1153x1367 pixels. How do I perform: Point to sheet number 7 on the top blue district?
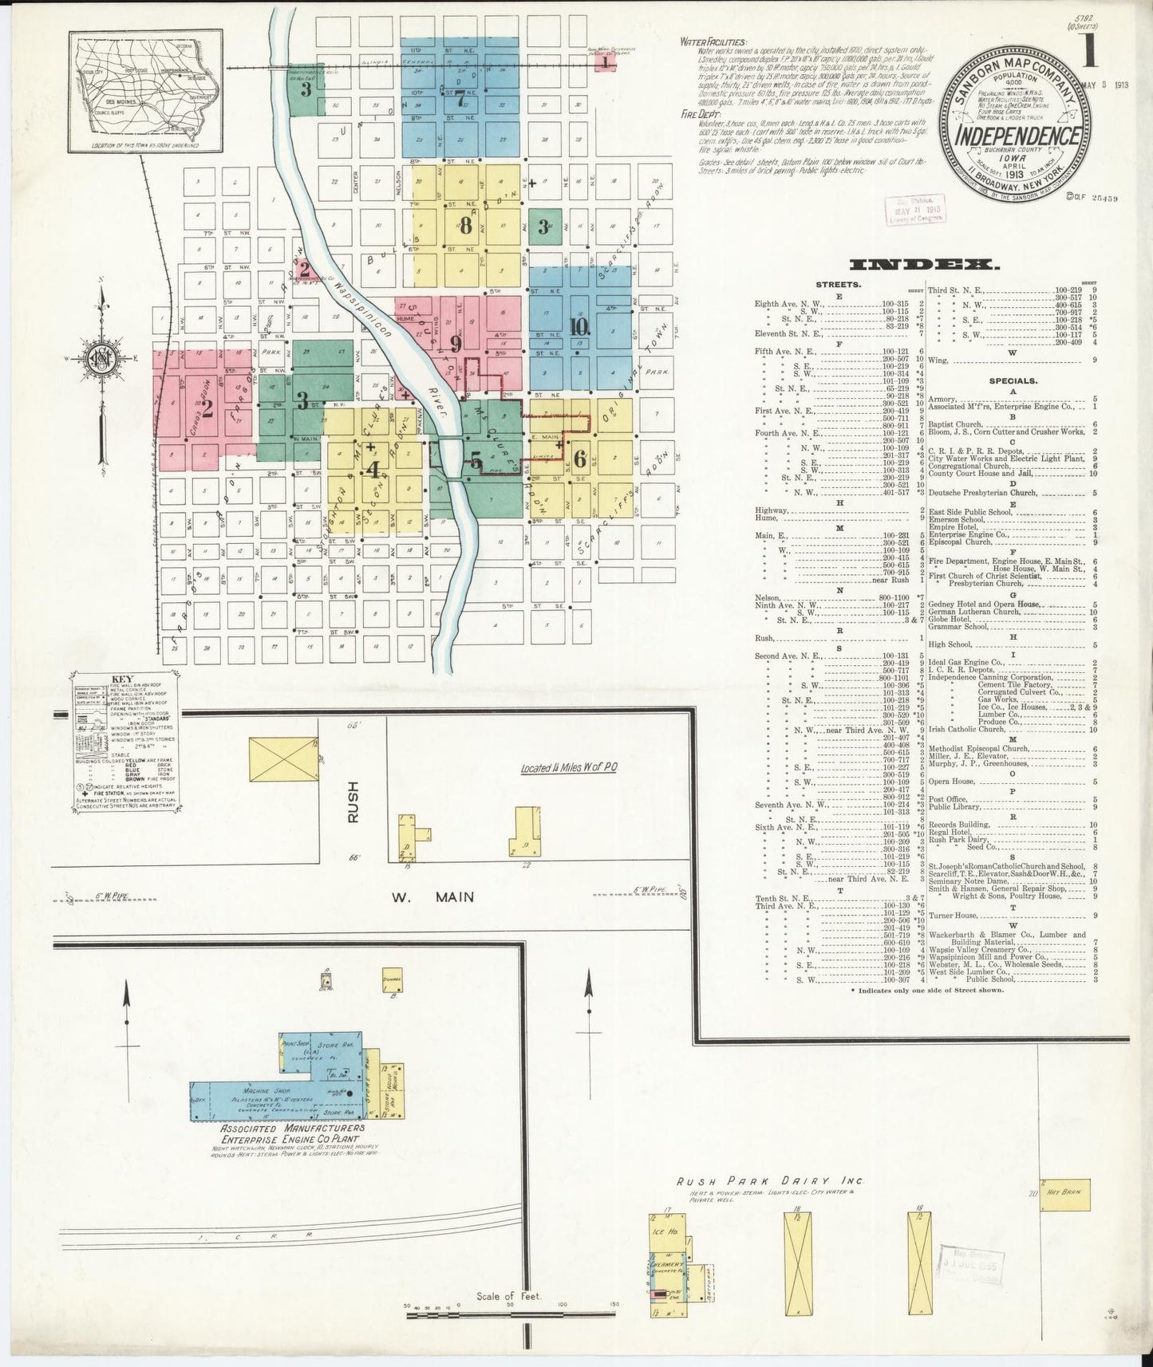[460, 99]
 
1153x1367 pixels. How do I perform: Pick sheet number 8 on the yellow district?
[466, 226]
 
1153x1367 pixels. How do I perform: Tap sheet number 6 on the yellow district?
[579, 459]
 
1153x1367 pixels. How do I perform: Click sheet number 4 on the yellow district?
[373, 471]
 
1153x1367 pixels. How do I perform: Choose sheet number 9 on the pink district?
[456, 344]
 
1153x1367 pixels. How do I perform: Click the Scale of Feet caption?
[508, 1296]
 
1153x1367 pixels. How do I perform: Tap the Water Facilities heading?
[713, 42]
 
